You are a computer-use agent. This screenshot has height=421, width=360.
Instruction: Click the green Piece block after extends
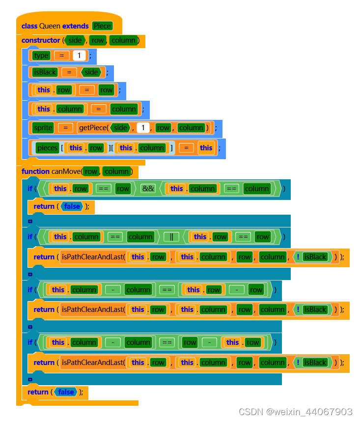coord(102,26)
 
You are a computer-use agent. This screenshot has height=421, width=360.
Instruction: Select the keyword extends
coord(76,26)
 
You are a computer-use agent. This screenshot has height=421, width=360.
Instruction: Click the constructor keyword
coord(41,40)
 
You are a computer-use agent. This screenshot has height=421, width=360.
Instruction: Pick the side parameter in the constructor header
coord(75,40)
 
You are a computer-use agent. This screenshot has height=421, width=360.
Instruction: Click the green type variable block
coord(41,56)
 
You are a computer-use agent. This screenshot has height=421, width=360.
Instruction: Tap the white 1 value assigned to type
coord(79,56)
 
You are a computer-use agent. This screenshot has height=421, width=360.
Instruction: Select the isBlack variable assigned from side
coord(45,72)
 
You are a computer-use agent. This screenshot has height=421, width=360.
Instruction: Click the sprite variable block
coord(43,128)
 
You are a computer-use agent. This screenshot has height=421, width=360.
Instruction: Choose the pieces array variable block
coord(47,148)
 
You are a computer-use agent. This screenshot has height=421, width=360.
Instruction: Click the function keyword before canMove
coord(35,171)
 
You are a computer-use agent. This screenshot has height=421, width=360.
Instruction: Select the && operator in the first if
coord(148,189)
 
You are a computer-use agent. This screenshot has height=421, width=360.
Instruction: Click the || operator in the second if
coord(171,237)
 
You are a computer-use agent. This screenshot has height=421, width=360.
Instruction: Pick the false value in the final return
coord(66,392)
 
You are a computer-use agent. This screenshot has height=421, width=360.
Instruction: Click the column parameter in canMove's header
coord(116,171)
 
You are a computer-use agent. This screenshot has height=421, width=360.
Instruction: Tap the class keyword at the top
coord(29,26)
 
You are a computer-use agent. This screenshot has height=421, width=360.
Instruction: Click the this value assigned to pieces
coord(206,148)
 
